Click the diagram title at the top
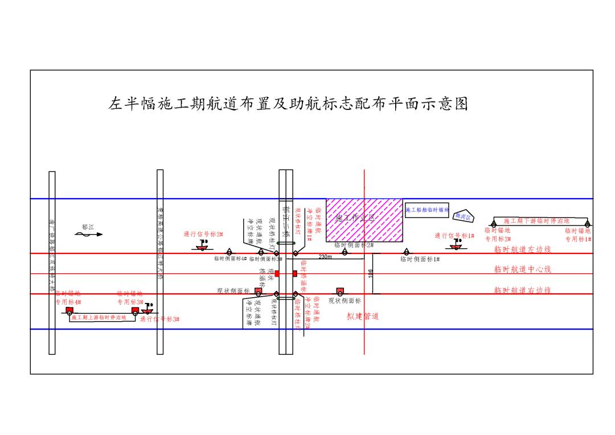tap(288, 104)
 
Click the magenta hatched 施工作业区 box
tap(364, 219)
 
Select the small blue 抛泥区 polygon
tap(464, 216)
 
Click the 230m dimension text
tap(325, 257)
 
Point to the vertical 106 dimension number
tap(371, 273)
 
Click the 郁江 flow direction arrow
tap(88, 233)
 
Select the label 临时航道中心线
tap(522, 269)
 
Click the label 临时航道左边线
tap(522, 249)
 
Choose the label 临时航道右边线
tap(522, 290)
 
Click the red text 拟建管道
tap(363, 316)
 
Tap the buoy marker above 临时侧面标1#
tap(406, 252)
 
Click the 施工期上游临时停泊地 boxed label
tap(99, 318)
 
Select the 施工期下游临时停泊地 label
tap(536, 220)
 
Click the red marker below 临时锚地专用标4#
tap(69, 311)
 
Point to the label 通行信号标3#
tap(160, 319)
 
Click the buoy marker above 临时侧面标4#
tap(229, 252)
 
